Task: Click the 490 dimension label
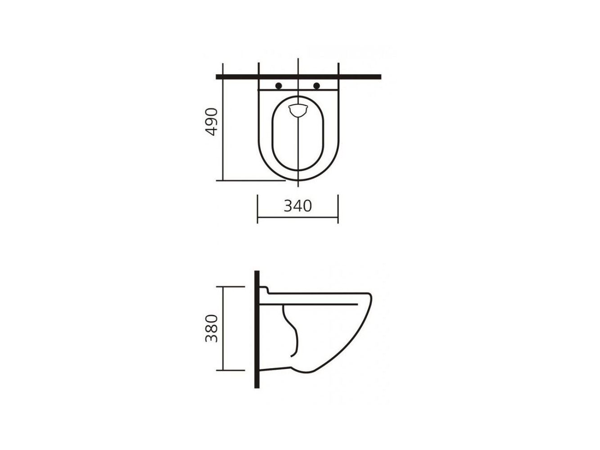click(211, 122)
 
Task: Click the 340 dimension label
click(298, 206)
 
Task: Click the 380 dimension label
click(211, 328)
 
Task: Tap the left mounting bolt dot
click(278, 86)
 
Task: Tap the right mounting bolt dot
click(316, 86)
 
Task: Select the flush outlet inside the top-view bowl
click(298, 110)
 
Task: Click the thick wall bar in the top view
click(298, 77)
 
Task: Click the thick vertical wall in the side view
click(257, 329)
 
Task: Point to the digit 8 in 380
click(211, 328)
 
